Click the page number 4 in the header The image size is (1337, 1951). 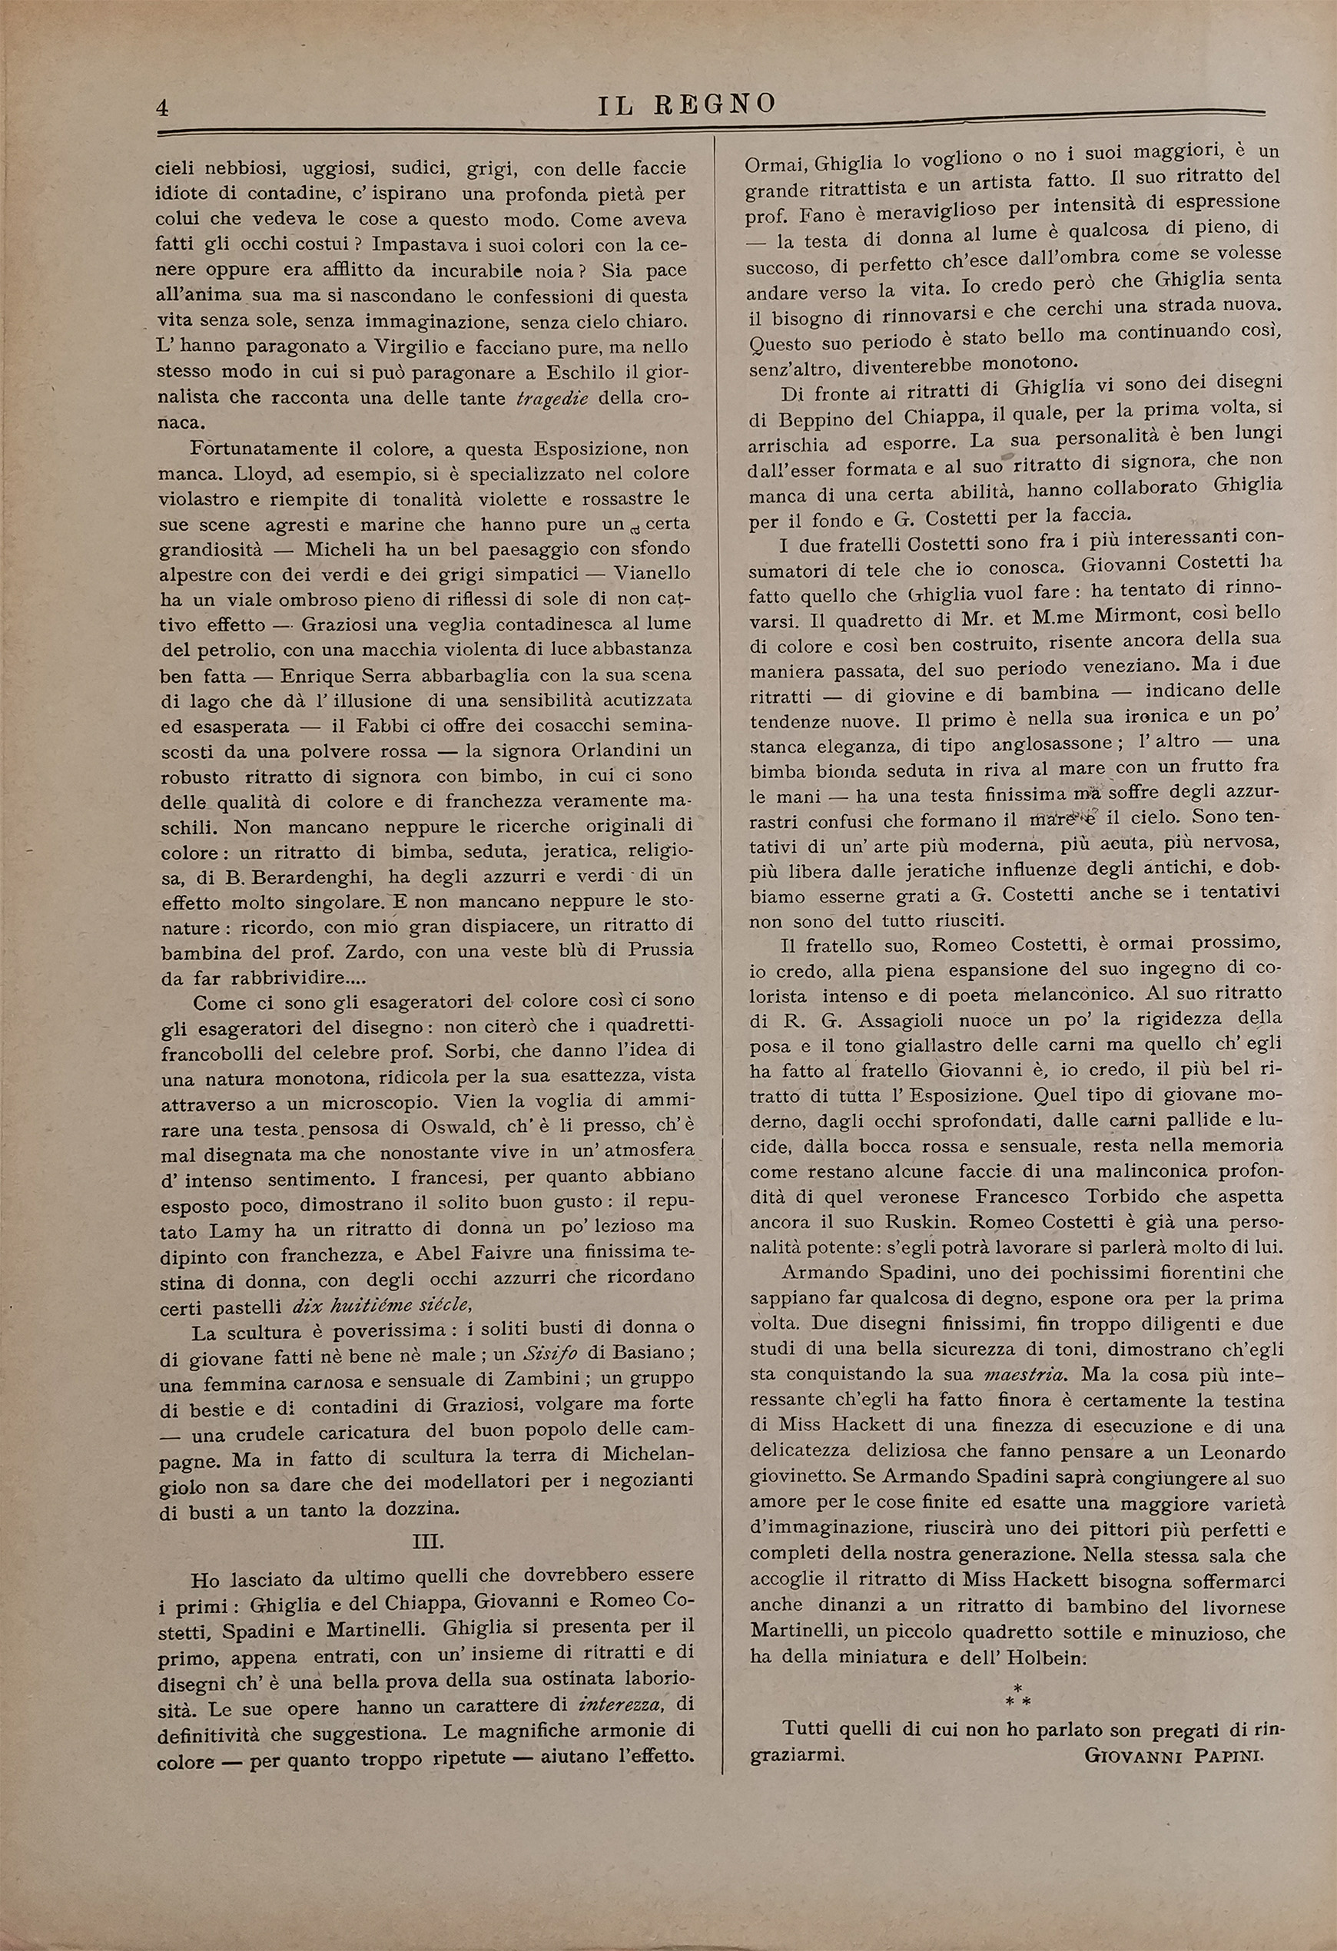click(x=163, y=108)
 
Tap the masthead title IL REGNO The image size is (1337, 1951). click(x=687, y=104)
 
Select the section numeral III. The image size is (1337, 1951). click(x=427, y=1542)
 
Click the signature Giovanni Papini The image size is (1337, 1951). click(x=1173, y=1755)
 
